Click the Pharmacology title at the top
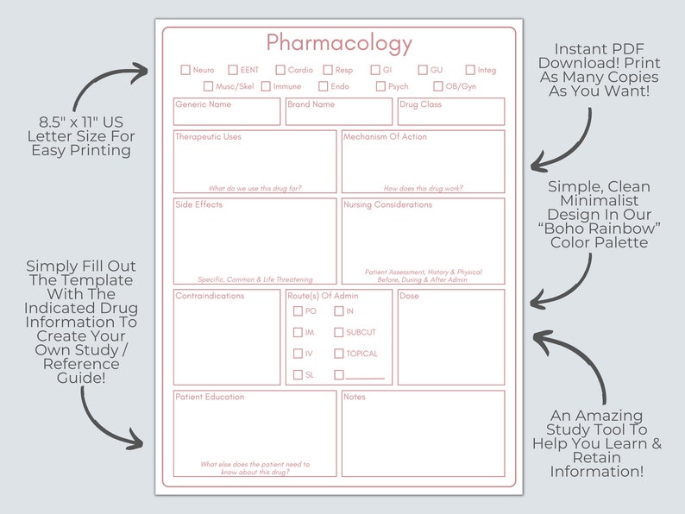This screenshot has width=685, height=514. pos(339,43)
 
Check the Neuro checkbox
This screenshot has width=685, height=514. pos(185,70)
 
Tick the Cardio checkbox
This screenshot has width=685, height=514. pos(280,70)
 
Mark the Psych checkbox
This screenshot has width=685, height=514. pos(380,86)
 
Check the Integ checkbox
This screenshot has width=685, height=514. pos(470,70)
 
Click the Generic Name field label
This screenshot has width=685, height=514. pos(204,104)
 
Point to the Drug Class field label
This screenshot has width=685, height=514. pos(421,104)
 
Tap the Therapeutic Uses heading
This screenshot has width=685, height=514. pos(208,136)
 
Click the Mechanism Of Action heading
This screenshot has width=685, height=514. pos(385,136)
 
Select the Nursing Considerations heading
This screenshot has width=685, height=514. pos(388,205)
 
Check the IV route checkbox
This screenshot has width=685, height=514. pos(298,354)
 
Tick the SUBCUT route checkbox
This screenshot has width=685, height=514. pos(339,332)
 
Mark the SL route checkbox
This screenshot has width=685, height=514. pos(298,375)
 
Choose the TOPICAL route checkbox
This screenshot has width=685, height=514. pos(339,354)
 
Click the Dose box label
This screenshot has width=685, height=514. pos(410,296)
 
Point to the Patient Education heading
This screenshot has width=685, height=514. pos(210,397)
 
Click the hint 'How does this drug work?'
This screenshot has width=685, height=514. pos(423,188)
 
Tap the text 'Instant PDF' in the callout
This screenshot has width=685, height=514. pos(599,48)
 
